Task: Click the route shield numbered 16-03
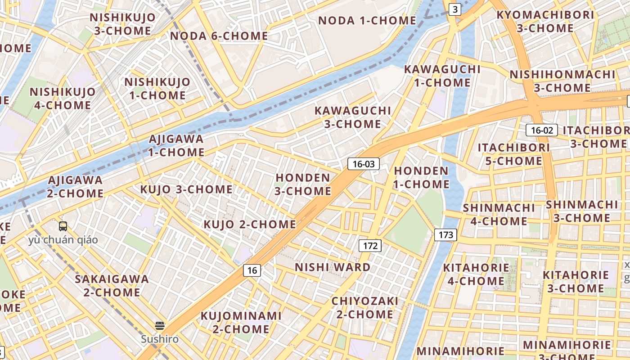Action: (x=364, y=164)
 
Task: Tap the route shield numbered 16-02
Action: (x=542, y=130)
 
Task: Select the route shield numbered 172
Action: (x=370, y=246)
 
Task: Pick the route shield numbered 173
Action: (x=445, y=234)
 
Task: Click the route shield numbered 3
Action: (x=455, y=9)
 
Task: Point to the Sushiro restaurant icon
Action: (x=160, y=325)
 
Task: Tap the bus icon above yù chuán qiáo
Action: (x=63, y=226)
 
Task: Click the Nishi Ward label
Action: (x=333, y=267)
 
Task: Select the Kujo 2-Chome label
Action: (x=250, y=224)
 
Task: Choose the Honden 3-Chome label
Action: (x=303, y=184)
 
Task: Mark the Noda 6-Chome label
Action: (x=219, y=36)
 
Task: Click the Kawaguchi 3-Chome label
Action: (x=353, y=117)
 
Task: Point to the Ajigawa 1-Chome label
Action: (x=176, y=145)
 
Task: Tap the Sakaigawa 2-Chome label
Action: (x=112, y=285)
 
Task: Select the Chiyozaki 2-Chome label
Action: (x=365, y=307)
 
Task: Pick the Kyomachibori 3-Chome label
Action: (x=545, y=21)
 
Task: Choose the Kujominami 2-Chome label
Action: (x=241, y=322)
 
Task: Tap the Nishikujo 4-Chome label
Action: (x=63, y=99)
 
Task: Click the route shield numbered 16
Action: (x=252, y=270)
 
